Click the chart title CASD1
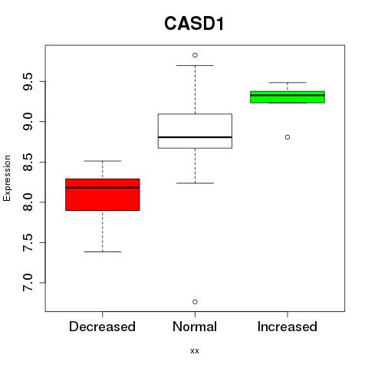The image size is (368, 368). click(x=194, y=24)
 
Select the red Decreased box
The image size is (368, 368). click(x=103, y=195)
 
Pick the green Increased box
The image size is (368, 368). click(x=287, y=97)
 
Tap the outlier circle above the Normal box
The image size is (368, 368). click(x=195, y=55)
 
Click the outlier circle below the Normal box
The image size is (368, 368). click(x=195, y=302)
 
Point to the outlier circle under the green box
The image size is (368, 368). click(x=287, y=137)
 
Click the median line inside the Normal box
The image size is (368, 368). click(x=195, y=137)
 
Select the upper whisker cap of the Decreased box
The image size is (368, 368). click(x=103, y=161)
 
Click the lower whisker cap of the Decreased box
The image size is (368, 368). click(x=103, y=251)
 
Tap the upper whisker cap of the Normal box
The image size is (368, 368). click(x=195, y=65)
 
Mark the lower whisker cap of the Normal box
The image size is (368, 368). click(x=195, y=183)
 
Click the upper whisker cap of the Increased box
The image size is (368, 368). click(x=287, y=83)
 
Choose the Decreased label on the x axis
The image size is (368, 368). click(x=102, y=327)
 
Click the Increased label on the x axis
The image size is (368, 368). click(x=287, y=327)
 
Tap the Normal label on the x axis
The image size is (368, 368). click(x=195, y=327)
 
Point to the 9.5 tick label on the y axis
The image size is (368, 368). click(x=28, y=81)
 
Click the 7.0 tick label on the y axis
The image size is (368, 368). click(x=28, y=283)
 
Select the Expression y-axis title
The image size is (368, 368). click(x=7, y=178)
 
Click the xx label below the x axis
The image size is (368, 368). click(x=195, y=351)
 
